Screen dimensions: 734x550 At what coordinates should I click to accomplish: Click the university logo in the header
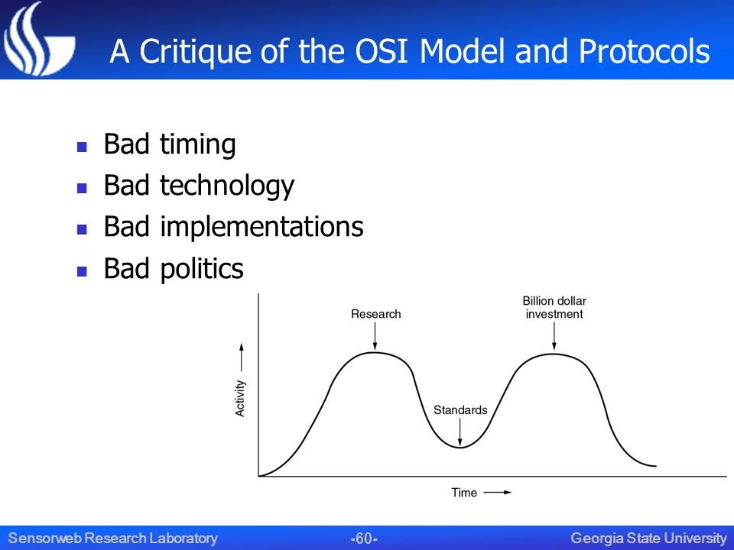click(x=38, y=39)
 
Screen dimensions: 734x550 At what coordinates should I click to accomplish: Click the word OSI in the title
click(x=385, y=51)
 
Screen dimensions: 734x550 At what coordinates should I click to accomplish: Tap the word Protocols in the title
click(x=645, y=51)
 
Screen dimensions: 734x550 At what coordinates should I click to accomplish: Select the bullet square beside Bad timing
click(x=82, y=147)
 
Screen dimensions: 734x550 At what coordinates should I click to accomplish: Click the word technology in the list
click(x=227, y=186)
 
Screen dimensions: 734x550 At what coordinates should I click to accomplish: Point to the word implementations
click(x=261, y=228)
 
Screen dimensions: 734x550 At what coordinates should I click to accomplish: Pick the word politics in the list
click(x=202, y=269)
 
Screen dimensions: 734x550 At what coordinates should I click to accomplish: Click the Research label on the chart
click(x=376, y=314)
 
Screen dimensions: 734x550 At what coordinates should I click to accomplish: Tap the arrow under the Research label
click(x=375, y=336)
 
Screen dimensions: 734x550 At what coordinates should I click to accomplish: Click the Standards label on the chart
click(x=460, y=409)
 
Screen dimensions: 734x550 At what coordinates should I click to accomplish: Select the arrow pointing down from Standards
click(x=460, y=432)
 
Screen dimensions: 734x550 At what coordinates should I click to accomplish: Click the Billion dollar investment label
click(x=554, y=307)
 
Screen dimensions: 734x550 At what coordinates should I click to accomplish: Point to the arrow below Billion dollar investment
click(x=554, y=336)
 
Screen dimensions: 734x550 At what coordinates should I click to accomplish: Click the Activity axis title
click(x=239, y=398)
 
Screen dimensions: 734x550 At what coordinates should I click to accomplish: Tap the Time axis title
click(x=464, y=493)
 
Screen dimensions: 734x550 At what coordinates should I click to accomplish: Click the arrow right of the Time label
click(x=497, y=492)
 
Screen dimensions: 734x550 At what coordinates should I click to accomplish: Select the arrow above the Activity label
click(x=242, y=357)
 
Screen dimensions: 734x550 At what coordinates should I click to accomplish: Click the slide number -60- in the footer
click(x=364, y=539)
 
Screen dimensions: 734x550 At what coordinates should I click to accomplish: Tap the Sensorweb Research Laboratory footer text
click(x=113, y=539)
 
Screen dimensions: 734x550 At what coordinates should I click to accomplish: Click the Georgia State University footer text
click(x=648, y=539)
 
